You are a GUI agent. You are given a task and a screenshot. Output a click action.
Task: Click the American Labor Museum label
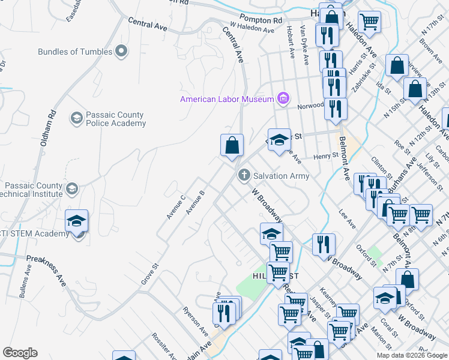(227, 99)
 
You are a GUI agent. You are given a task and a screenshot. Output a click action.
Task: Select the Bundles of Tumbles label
(74, 52)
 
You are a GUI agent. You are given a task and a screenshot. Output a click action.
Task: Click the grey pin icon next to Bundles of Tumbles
(122, 51)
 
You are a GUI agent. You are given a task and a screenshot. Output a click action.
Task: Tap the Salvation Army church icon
(244, 176)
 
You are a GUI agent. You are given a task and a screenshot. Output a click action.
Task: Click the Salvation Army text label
(281, 176)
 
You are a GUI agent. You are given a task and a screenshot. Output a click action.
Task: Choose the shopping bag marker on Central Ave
(232, 146)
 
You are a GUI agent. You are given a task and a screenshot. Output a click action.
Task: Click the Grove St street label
(149, 273)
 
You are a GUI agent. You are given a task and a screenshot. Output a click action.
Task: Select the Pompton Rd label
(260, 20)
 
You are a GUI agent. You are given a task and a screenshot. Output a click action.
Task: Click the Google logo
(20, 353)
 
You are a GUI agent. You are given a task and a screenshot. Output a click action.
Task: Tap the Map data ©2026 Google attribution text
(411, 355)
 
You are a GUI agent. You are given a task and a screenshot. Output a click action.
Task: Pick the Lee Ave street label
(348, 219)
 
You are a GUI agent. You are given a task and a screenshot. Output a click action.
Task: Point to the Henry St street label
(327, 156)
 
